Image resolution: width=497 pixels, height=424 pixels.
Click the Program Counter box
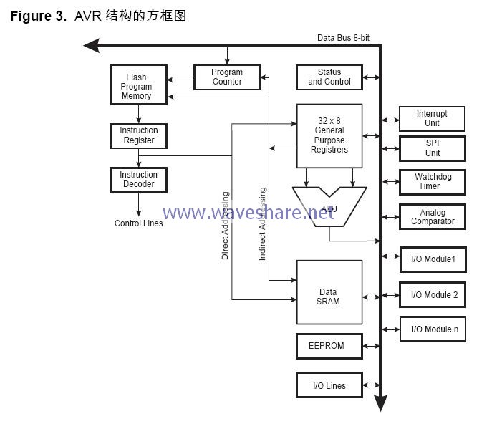(x=227, y=77)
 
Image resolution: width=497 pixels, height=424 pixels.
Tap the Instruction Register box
(x=138, y=135)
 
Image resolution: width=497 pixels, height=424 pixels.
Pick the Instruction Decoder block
(x=138, y=179)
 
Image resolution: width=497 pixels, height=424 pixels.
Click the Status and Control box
(x=329, y=77)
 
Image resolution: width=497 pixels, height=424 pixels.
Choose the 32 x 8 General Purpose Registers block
(x=329, y=135)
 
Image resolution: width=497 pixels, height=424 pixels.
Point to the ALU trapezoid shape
(x=329, y=204)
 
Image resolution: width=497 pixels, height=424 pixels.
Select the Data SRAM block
(x=329, y=296)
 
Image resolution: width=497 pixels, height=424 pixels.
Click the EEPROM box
(x=326, y=346)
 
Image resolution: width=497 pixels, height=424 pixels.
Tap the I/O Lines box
(x=329, y=385)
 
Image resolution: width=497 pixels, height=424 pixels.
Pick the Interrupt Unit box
(x=432, y=118)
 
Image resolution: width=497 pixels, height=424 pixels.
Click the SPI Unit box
(x=432, y=148)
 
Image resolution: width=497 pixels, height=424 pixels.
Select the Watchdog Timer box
(x=432, y=181)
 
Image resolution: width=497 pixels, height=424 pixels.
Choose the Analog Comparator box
(x=432, y=216)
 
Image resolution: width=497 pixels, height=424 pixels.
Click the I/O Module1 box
(x=433, y=259)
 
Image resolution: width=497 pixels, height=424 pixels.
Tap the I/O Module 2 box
(x=433, y=294)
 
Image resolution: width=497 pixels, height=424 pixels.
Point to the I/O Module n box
(x=433, y=329)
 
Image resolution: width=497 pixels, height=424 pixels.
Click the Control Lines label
(x=138, y=223)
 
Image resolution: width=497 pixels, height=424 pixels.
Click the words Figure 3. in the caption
(x=38, y=16)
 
